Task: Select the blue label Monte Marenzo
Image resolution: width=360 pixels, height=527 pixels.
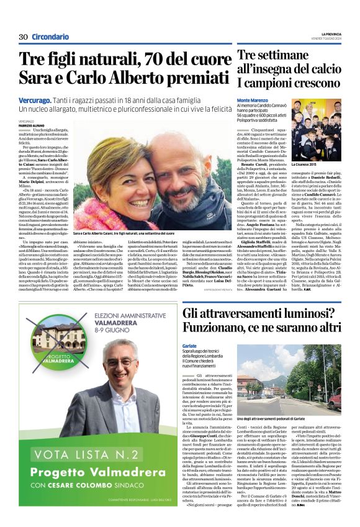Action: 253,100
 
